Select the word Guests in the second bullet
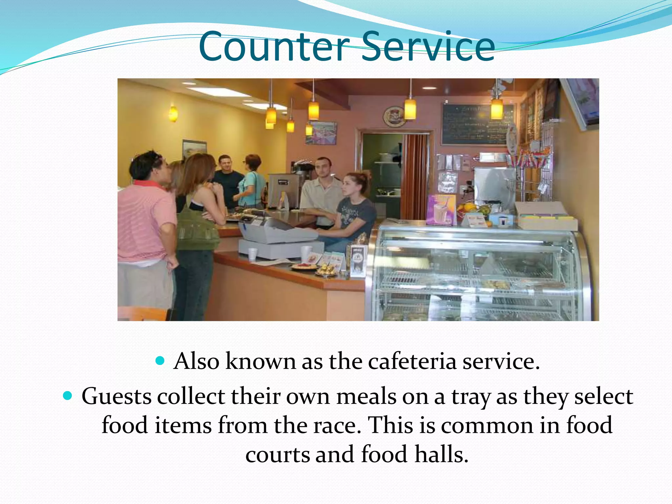(x=116, y=397)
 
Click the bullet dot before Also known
(x=160, y=361)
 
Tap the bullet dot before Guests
(x=67, y=396)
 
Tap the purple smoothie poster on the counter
(x=441, y=210)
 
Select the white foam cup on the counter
(x=252, y=254)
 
